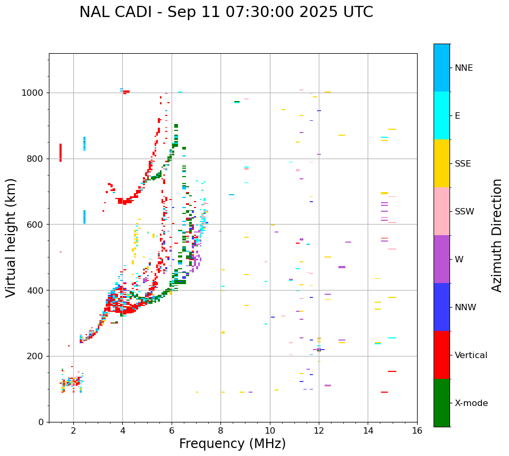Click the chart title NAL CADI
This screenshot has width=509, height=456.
pos(226,12)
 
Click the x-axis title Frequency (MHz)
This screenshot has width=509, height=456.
pos(232,444)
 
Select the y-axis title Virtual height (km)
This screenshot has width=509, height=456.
pos(11,238)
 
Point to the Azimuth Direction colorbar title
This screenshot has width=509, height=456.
pos(497,235)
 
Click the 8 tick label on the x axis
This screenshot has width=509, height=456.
pos(220,430)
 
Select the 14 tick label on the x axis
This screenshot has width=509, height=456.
pos(368,430)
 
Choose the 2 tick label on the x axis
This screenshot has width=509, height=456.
pos(73,430)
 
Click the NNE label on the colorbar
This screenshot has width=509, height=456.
pos(463,68)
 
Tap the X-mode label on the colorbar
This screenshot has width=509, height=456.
pos(471,403)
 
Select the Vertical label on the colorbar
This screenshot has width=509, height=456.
pos(471,355)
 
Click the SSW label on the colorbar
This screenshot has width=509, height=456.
pos(464,212)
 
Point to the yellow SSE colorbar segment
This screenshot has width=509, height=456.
pos(442,163)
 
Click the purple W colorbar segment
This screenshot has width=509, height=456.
pos(442,259)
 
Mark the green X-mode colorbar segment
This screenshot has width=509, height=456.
pos(442,403)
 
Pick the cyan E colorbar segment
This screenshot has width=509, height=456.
pos(442,115)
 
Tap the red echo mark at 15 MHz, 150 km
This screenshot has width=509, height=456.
pos(392,371)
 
